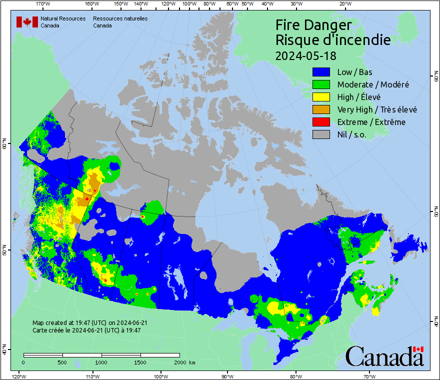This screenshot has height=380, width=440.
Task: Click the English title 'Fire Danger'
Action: pos(313,25)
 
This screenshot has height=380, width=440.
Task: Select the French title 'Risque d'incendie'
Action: pos(333,40)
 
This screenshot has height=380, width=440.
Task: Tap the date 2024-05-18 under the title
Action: pos(306,54)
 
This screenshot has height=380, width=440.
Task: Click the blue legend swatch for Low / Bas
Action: pos(321,72)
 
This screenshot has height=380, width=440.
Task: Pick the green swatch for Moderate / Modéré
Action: pos(321,84)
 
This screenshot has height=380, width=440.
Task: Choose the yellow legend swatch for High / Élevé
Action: pos(321,97)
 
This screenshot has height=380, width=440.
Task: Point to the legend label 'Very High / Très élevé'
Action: pos(377,109)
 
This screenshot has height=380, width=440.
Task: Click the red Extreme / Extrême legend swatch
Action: pos(321,122)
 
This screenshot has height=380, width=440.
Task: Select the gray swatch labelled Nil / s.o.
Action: pos(321,134)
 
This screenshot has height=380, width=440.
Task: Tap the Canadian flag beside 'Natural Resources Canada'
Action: pos(27,22)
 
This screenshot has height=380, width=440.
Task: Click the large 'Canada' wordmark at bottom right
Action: pos(384,356)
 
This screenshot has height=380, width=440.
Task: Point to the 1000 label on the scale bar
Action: pos(101,362)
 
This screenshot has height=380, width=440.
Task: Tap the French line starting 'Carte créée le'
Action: pos(86,330)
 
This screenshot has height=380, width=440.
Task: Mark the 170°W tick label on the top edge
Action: pos(43,4)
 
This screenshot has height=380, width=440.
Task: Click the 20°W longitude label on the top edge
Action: pos(344,4)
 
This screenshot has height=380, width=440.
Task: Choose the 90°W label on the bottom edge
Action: pos(227,376)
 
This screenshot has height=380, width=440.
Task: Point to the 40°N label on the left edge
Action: pos(4,351)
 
